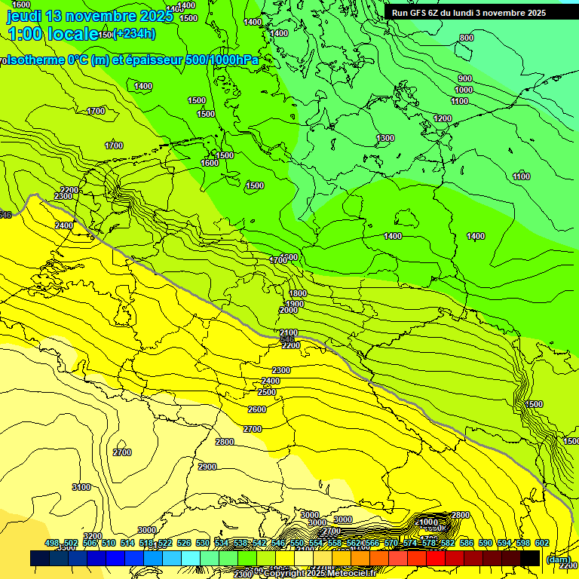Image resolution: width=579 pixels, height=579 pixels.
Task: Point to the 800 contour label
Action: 467,38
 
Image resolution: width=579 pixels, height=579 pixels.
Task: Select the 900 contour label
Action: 465,78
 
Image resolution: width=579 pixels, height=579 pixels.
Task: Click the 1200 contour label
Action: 443,118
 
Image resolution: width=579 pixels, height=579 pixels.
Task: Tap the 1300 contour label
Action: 385,138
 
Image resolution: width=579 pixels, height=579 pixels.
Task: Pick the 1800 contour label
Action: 298,293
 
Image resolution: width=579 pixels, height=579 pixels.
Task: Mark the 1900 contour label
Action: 295,304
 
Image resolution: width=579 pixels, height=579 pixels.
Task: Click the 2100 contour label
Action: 289,332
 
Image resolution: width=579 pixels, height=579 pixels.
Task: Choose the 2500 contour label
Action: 267,393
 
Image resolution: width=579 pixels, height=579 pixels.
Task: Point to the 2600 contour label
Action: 257,409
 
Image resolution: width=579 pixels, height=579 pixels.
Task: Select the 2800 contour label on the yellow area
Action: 225,442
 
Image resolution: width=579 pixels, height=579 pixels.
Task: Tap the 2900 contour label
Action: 207,467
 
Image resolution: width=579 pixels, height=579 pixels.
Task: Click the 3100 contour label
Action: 81,487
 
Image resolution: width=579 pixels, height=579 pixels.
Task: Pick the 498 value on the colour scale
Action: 52,543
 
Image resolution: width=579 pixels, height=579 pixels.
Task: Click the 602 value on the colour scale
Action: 541,543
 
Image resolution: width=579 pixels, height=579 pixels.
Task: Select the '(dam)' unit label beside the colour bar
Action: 558,559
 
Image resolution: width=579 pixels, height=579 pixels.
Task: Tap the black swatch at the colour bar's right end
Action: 531,558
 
